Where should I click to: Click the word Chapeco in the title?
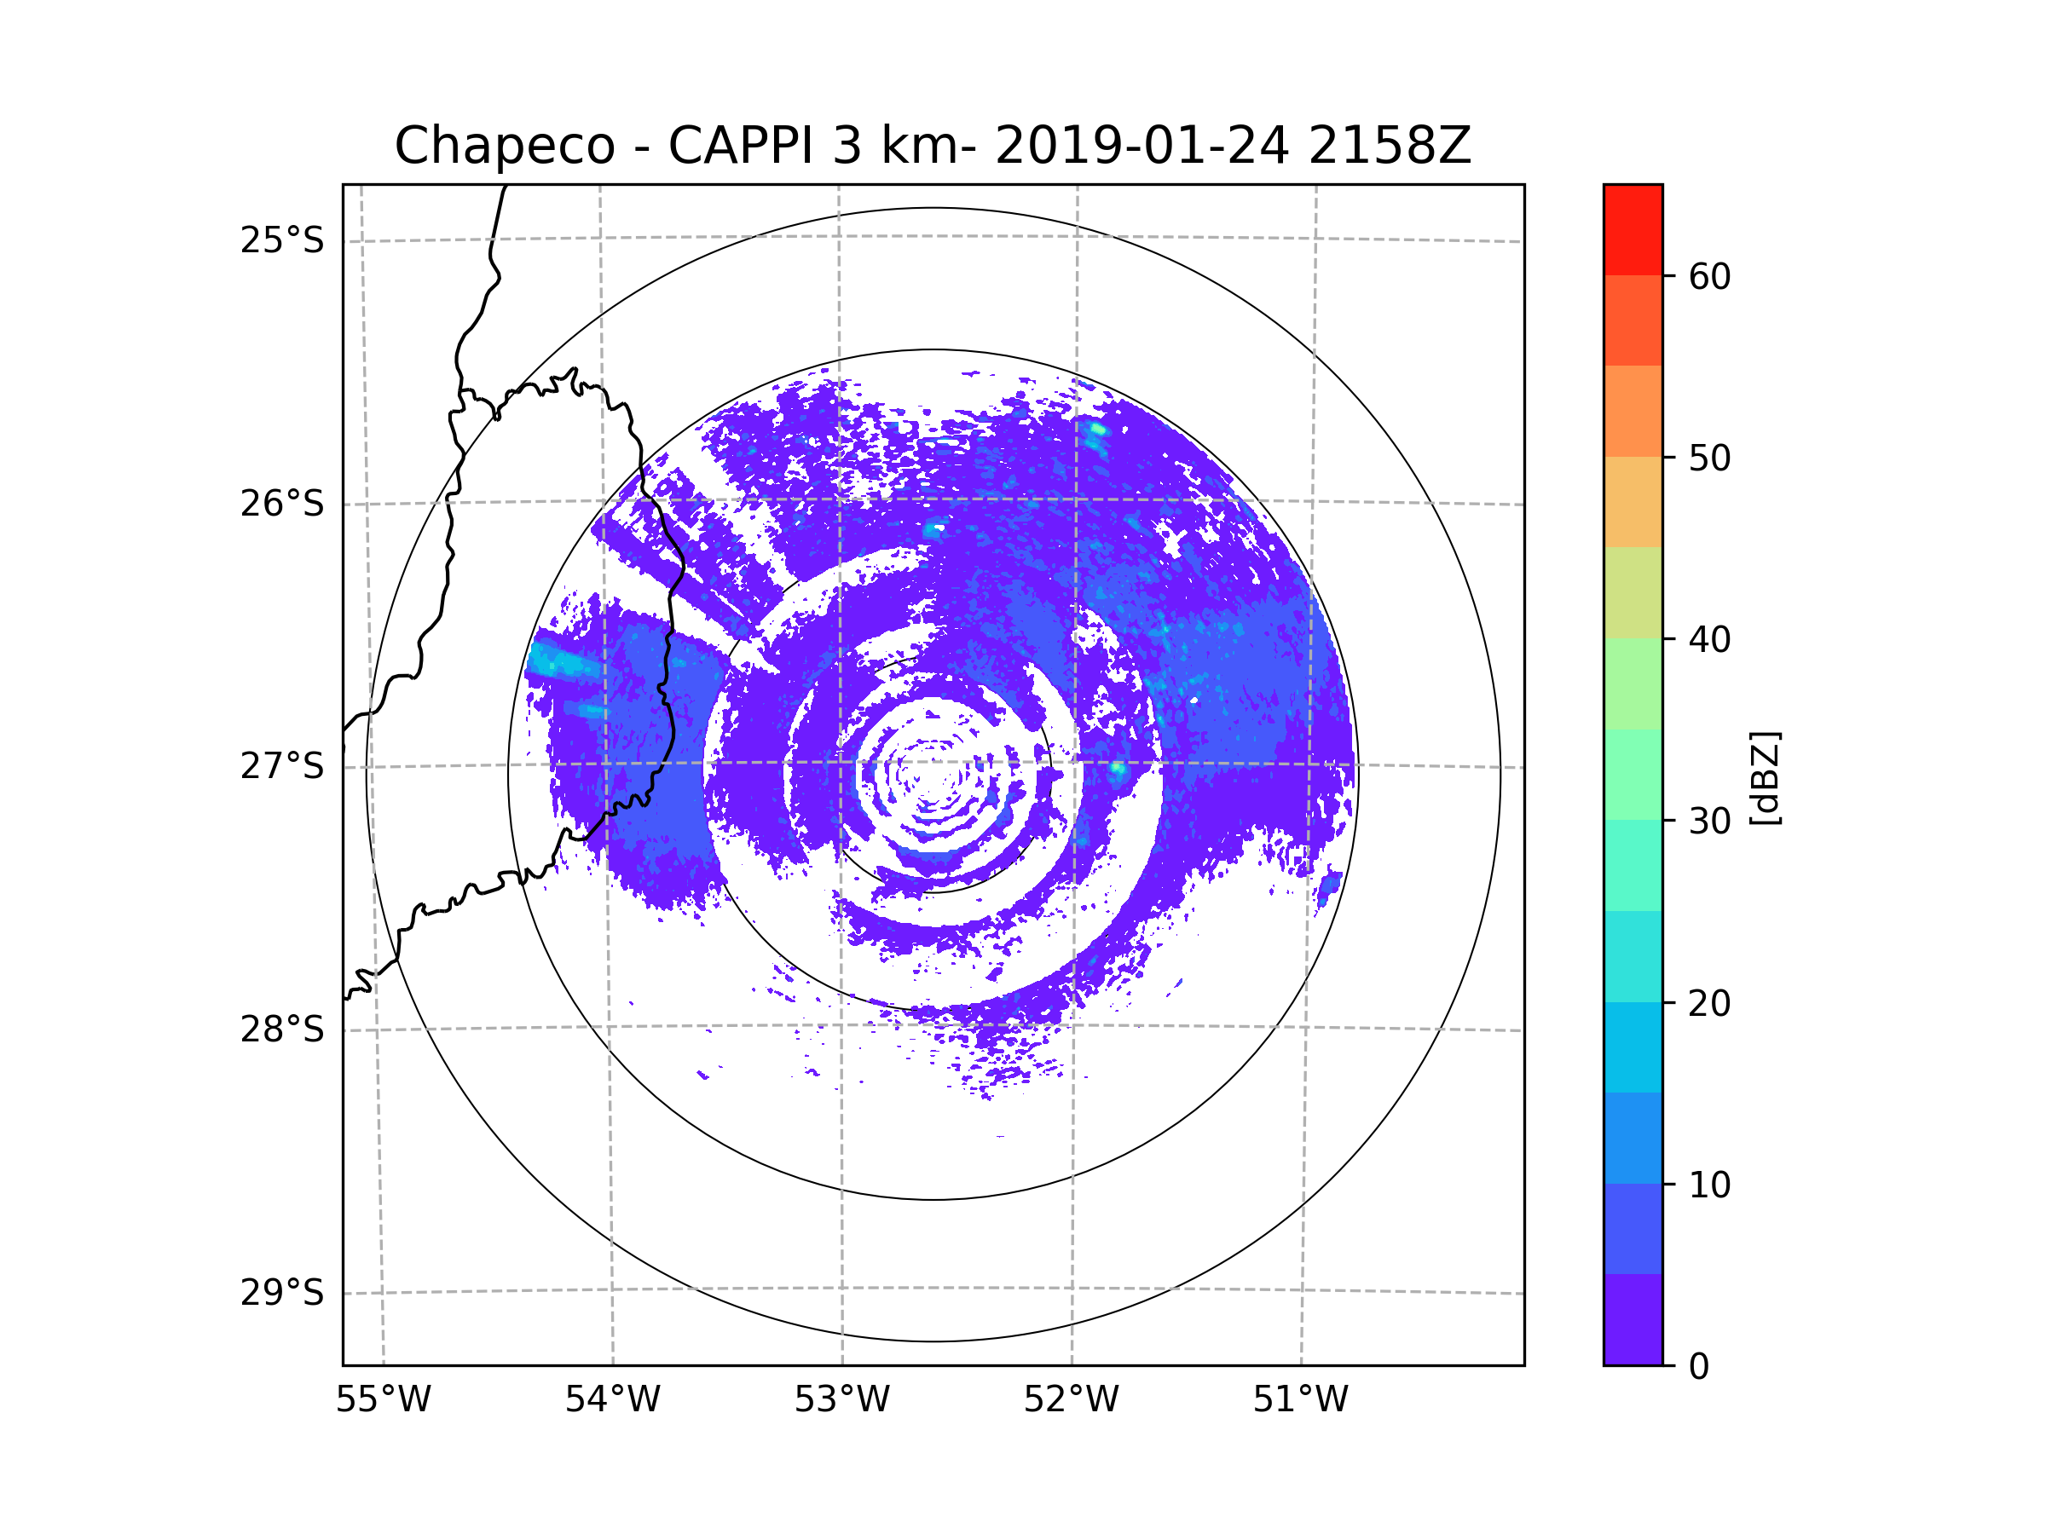(x=504, y=146)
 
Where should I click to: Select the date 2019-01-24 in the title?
(x=1141, y=146)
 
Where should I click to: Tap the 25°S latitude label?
(x=282, y=240)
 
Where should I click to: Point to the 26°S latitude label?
(x=282, y=504)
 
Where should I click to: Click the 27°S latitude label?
(x=282, y=766)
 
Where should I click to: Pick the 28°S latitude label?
(x=282, y=1029)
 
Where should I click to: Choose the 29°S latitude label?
(x=282, y=1293)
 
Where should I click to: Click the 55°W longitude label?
(x=383, y=1400)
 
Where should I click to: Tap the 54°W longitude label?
(x=612, y=1400)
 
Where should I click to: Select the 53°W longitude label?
(x=841, y=1400)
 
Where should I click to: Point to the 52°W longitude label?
(x=1071, y=1400)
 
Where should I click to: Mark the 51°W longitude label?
(x=1300, y=1400)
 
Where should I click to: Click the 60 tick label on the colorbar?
(x=1709, y=276)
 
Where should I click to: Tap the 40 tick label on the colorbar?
(x=1709, y=640)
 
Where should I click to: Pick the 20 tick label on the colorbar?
(x=1709, y=1003)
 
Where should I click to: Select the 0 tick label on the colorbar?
(x=1699, y=1367)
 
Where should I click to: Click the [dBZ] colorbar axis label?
(x=1764, y=777)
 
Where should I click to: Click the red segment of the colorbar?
(x=1633, y=229)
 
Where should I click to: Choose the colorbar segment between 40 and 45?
(x=1633, y=592)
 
